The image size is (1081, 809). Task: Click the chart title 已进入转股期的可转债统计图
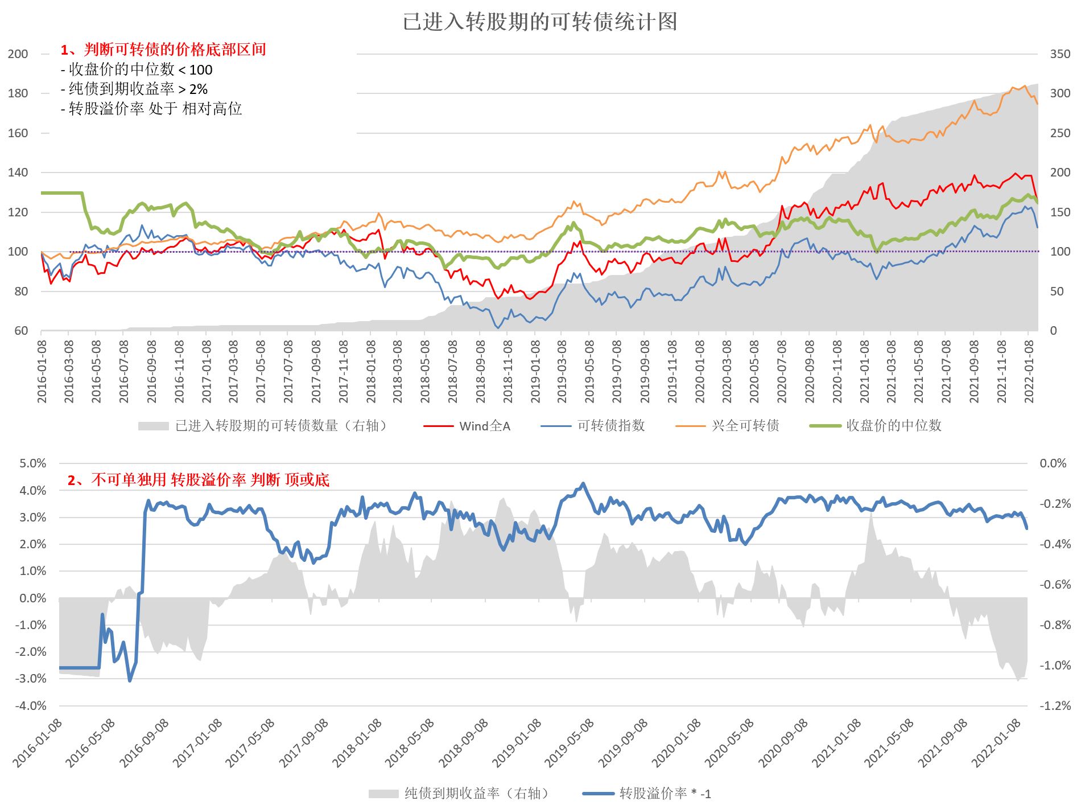pos(540,22)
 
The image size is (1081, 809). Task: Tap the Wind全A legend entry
pos(484,426)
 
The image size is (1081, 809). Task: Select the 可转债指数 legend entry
pos(610,426)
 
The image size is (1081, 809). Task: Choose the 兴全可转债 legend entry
pos(745,426)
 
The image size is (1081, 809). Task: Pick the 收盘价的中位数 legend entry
pos(893,426)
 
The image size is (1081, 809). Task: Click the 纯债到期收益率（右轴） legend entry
pos(477,793)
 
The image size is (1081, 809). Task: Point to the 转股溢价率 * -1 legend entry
pos(665,793)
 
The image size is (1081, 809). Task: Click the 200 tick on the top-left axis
pos(18,54)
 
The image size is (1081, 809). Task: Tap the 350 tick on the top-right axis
pos(1060,54)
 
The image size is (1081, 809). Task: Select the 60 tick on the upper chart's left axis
pos(21,331)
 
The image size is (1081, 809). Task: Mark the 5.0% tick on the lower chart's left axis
pos(32,463)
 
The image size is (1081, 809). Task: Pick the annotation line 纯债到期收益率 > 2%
pos(134,89)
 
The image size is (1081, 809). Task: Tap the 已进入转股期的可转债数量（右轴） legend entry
pos(282,426)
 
